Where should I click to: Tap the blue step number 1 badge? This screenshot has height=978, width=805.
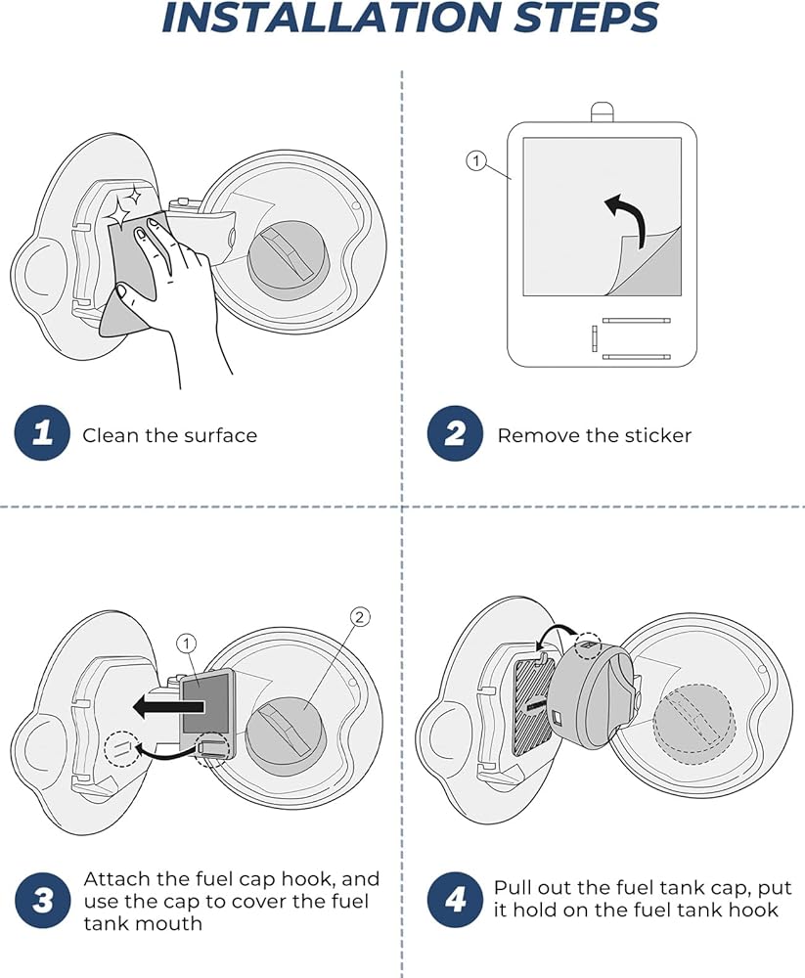point(42,433)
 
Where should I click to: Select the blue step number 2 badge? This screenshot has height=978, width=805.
point(455,433)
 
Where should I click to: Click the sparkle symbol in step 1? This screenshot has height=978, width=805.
point(123,207)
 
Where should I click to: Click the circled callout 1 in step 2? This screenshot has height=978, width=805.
point(476,160)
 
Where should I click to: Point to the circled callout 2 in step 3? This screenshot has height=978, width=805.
point(359,616)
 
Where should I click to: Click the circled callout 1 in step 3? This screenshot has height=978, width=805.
point(187,643)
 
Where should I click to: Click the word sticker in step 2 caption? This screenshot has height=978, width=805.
point(654,435)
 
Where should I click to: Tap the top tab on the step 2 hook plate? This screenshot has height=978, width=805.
point(601,111)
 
